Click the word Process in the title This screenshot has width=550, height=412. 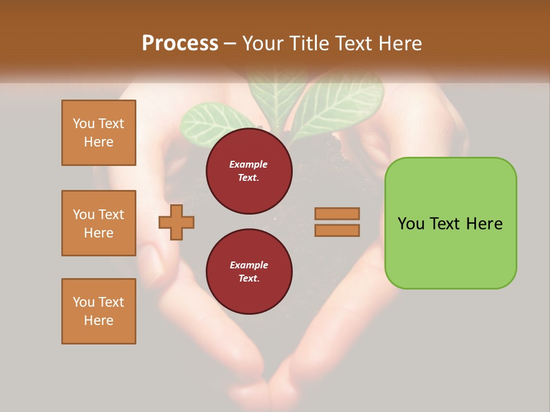[x=180, y=43]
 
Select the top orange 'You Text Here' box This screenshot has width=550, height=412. [x=99, y=133]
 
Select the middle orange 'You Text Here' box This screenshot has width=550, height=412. [x=99, y=223]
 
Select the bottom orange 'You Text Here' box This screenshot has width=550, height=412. [x=99, y=311]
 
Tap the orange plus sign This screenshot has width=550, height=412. [x=176, y=222]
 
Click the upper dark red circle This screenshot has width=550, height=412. [x=249, y=171]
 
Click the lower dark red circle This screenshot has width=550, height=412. [x=249, y=272]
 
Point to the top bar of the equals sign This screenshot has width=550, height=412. [x=337, y=214]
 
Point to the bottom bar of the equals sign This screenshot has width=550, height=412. [x=337, y=230]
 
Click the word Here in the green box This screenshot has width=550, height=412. [x=484, y=224]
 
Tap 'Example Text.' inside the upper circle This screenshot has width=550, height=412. [x=249, y=171]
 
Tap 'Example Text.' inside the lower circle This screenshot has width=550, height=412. [x=249, y=272]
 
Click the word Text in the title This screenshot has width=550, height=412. [x=353, y=43]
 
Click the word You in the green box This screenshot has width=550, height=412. [x=411, y=224]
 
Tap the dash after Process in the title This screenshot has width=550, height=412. [x=230, y=44]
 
